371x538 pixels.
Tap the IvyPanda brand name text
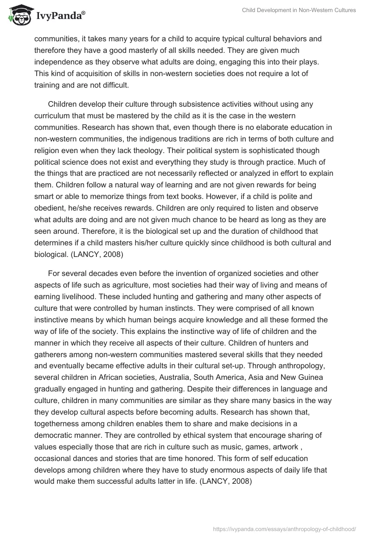click(60, 17)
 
